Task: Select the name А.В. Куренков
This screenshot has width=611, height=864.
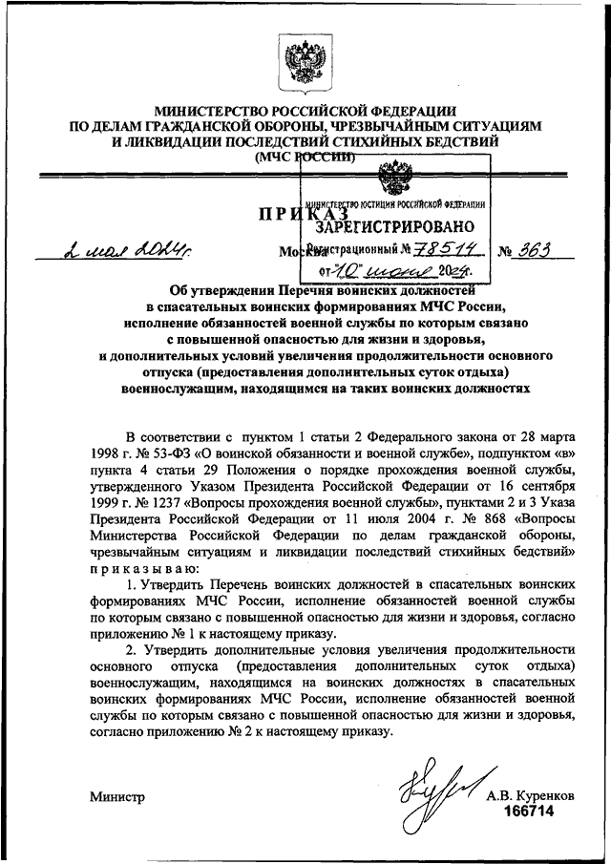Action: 530,795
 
